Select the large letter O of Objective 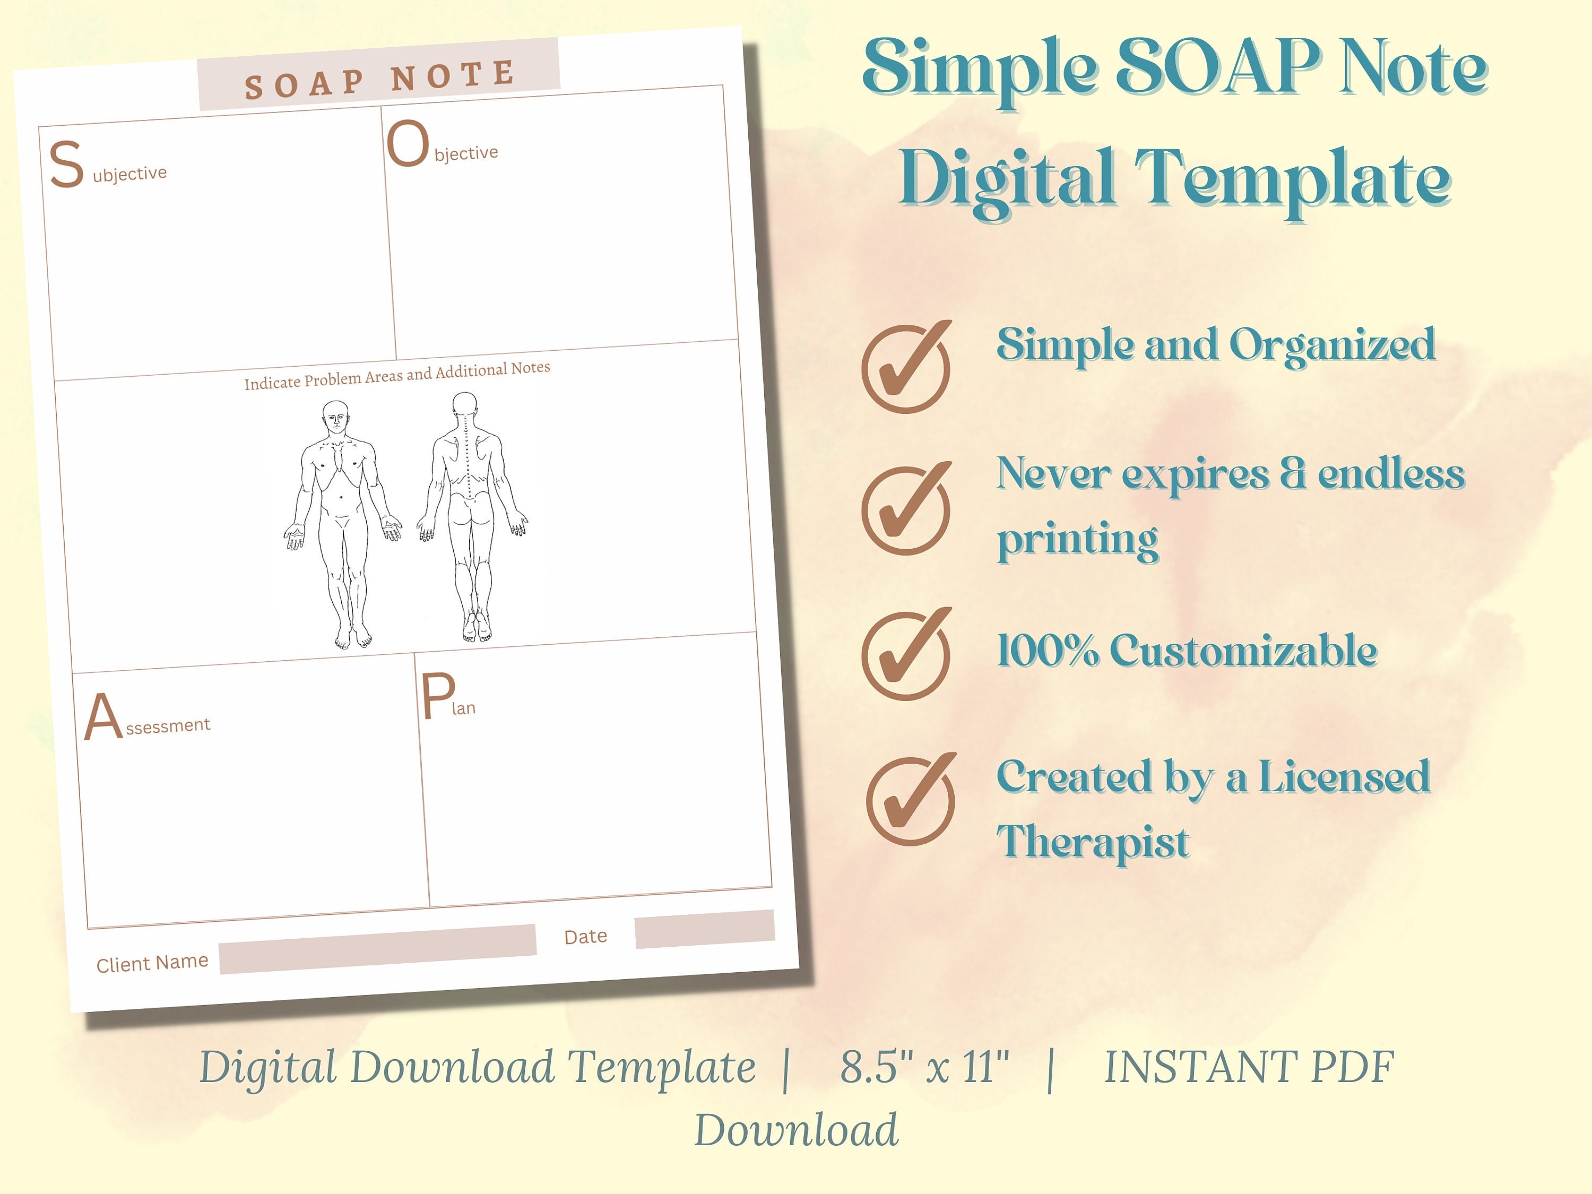408,143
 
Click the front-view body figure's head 335,416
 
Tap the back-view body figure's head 464,405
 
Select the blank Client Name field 378,949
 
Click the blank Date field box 705,929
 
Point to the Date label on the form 585,936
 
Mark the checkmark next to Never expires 906,509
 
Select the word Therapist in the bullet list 1093,843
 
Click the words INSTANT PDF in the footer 1249,1067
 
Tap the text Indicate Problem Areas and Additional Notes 397,375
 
